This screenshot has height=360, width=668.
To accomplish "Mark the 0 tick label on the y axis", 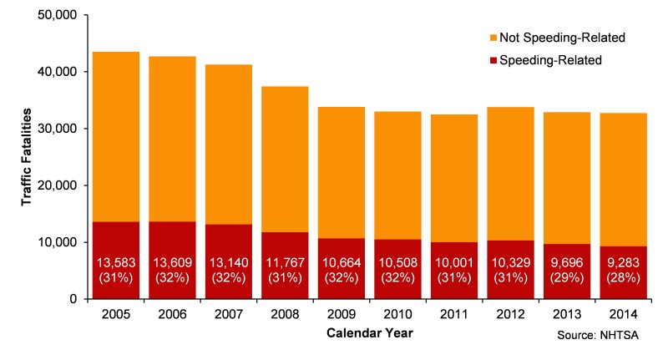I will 73,299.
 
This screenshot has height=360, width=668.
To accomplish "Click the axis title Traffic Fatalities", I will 26,158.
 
